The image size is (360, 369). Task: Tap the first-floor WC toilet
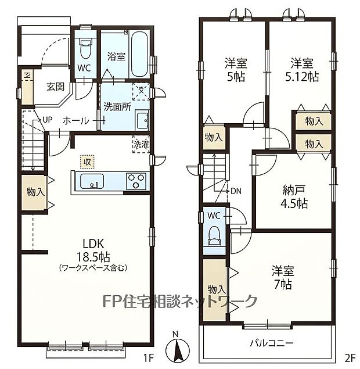pyautogui.click(x=85, y=49)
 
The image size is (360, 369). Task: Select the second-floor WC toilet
pyautogui.click(x=214, y=236)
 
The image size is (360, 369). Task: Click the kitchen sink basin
pyautogui.click(x=92, y=181)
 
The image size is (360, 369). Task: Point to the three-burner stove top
pyautogui.click(x=136, y=181)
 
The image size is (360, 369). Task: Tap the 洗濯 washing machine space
pyautogui.click(x=141, y=144)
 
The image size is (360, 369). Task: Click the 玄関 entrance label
pyautogui.click(x=55, y=87)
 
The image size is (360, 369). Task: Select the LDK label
pyautogui.click(x=93, y=244)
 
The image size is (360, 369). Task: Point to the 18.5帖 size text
pyautogui.click(x=93, y=257)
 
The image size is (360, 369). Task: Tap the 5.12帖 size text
pyautogui.click(x=302, y=77)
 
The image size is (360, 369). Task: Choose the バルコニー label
pyautogui.click(x=272, y=343)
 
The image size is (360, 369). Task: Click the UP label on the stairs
pyautogui.click(x=47, y=120)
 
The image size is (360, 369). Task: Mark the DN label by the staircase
pyautogui.click(x=236, y=191)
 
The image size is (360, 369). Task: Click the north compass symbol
pyautogui.click(x=178, y=347)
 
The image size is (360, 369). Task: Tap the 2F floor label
pyautogui.click(x=350, y=359)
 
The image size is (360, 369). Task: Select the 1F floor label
pyautogui.click(x=149, y=359)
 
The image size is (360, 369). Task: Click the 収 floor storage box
pyautogui.click(x=87, y=162)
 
